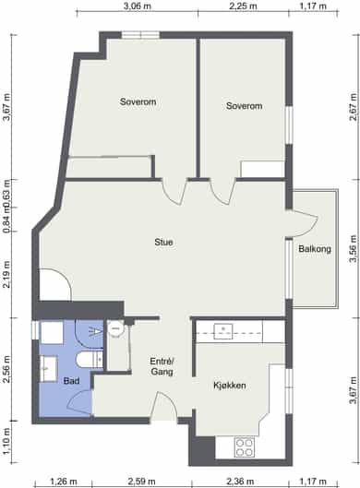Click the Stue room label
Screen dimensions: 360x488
coord(163,242)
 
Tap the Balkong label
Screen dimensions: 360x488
coord(315,249)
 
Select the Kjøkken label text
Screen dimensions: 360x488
coord(230,386)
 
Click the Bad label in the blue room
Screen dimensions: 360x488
coord(71,381)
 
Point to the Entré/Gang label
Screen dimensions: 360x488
coord(162,366)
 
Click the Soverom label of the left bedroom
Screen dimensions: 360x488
coord(138,101)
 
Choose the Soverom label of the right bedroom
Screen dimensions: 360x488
coord(244,106)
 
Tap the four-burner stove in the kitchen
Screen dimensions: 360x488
coord(245,447)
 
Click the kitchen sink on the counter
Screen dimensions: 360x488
coord(223,331)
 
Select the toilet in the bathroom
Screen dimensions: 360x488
coord(90,360)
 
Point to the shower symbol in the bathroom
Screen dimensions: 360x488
coord(90,334)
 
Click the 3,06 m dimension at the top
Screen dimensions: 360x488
coord(138,6)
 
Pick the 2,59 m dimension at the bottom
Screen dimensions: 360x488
coord(142,482)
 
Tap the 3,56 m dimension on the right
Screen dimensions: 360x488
coord(353,249)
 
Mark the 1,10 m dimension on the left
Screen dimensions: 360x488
coord(6,442)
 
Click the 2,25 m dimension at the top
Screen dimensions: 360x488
coord(243,6)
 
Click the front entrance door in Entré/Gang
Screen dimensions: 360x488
coord(163,406)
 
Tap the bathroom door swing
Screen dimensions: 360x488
coord(79,402)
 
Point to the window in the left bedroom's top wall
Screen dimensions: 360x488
coord(140,35)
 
